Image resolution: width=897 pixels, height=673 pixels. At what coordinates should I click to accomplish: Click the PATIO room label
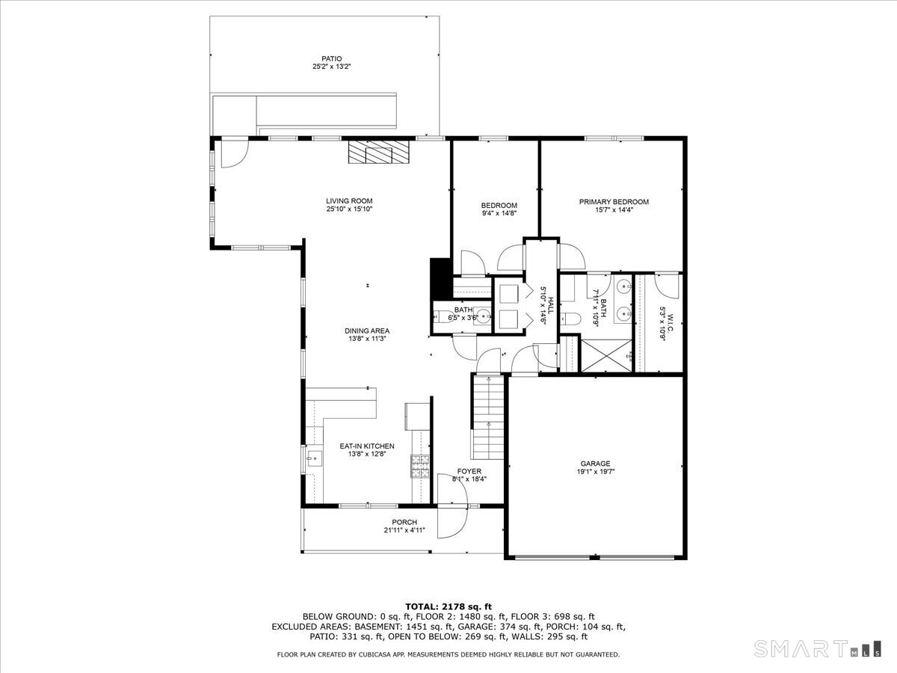tap(331, 58)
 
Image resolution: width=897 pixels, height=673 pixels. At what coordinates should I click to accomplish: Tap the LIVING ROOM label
tap(348, 200)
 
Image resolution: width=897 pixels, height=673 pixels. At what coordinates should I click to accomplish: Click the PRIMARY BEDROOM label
tap(614, 202)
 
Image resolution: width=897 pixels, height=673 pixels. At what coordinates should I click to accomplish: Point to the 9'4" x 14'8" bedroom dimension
tap(499, 213)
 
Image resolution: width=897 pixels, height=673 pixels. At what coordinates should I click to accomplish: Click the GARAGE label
tap(595, 464)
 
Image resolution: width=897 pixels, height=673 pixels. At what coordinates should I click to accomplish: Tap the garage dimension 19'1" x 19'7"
tap(595, 473)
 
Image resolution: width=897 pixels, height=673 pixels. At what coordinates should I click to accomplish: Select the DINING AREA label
tap(366, 331)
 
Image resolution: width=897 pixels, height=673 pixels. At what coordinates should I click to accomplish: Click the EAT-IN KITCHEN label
tap(366, 446)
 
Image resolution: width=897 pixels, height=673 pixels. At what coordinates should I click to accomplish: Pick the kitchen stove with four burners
tap(419, 466)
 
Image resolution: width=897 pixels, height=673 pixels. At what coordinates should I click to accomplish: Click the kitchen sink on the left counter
tap(312, 457)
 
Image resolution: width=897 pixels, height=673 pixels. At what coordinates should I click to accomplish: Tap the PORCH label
tap(404, 522)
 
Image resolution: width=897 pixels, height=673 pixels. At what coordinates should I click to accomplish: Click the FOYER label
tap(469, 471)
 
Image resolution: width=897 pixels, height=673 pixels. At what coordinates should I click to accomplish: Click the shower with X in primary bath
tap(605, 356)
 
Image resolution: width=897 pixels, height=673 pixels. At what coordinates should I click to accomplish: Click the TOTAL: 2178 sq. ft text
tap(448, 606)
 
